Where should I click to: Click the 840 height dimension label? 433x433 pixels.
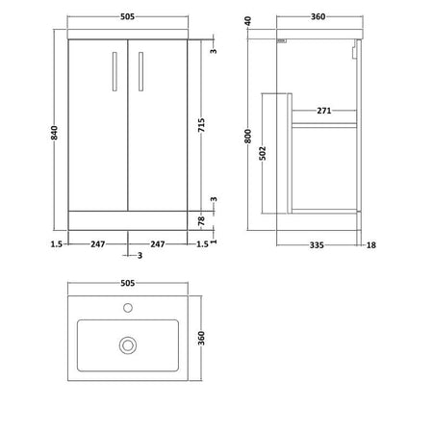pos(54,133)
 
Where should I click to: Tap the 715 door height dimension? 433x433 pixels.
pos(201,125)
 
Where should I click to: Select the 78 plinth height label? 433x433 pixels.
pos(201,220)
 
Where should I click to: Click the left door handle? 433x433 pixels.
pos(115,71)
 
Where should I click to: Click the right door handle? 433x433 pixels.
pos(140,71)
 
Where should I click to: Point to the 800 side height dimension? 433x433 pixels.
pos(247,137)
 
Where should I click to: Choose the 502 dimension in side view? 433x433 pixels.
pos(263,153)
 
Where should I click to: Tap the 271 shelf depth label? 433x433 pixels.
pos(324,111)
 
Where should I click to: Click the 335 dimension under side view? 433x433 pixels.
pos(317,245)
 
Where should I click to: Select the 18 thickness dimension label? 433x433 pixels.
pos(371,245)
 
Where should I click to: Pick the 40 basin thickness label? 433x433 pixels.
pos(247,21)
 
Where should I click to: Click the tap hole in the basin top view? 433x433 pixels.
pos(128,308)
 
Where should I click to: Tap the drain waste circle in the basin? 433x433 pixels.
pos(128,345)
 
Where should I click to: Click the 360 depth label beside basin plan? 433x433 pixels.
pos(201,338)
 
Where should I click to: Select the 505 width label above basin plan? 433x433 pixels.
pos(127,283)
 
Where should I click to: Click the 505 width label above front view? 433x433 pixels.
pos(127,16)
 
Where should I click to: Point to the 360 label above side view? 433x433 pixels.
pos(318,16)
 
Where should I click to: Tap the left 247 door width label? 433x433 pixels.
pos(97,244)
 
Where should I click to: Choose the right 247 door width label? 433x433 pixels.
pos(158,244)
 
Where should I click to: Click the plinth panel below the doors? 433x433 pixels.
pos(128,220)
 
